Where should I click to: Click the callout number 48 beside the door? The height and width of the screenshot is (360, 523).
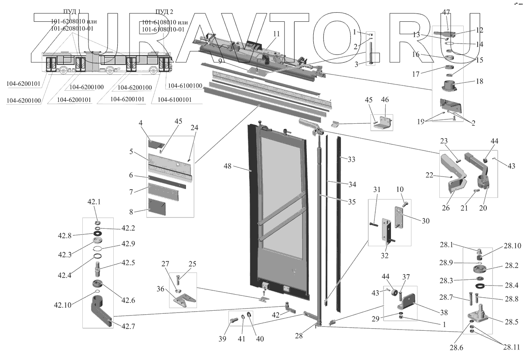click(x=227, y=166)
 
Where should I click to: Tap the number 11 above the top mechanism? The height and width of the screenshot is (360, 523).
click(x=276, y=34)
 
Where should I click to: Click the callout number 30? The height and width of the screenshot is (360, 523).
click(x=426, y=221)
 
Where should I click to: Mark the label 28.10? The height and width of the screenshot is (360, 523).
click(x=513, y=246)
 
